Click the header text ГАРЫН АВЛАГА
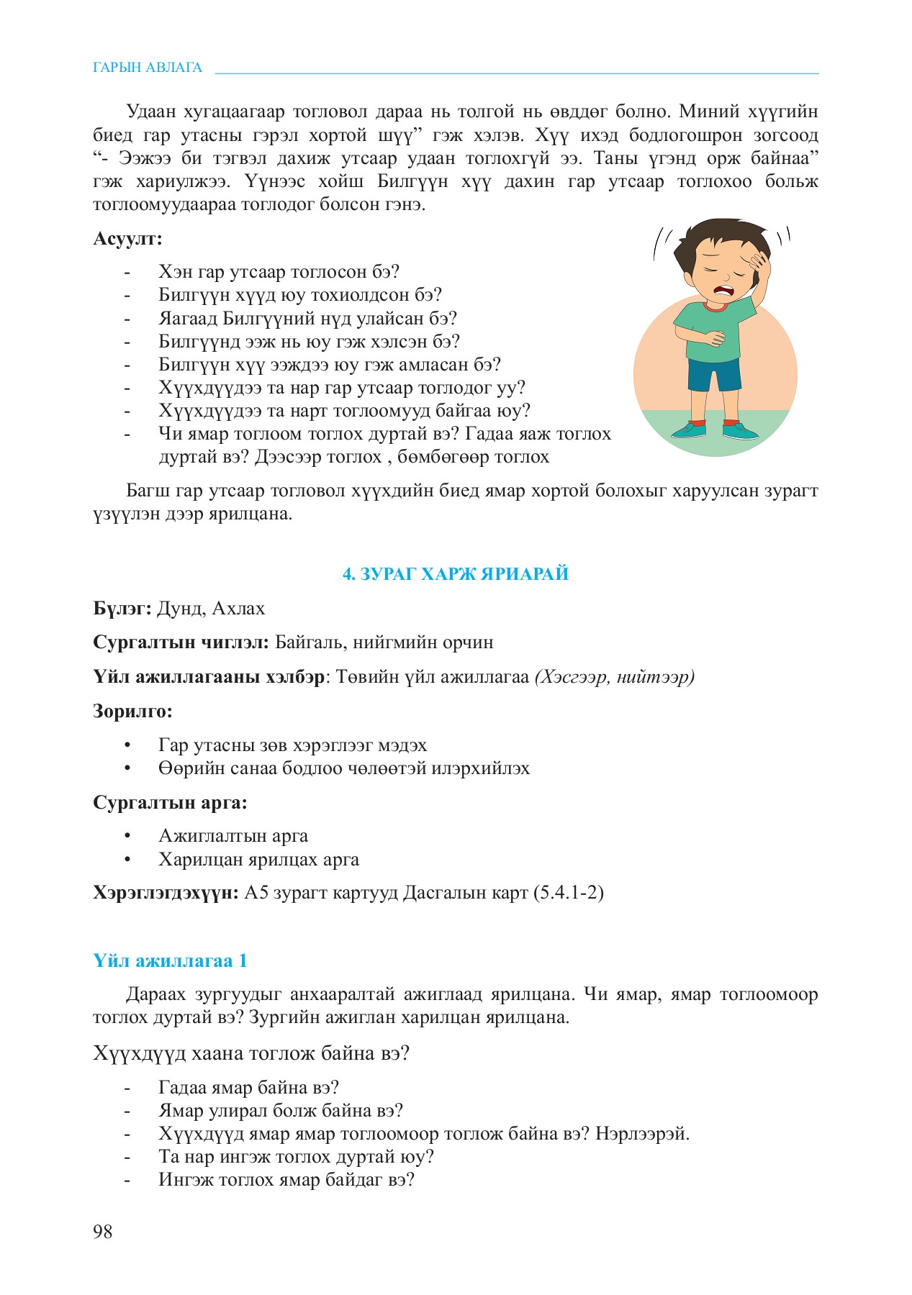click(x=148, y=68)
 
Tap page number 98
click(x=103, y=1232)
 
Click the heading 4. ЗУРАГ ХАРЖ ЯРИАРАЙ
click(x=455, y=573)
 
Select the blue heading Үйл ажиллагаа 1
click(x=170, y=960)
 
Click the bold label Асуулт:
click(x=127, y=238)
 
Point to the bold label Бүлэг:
click(x=122, y=609)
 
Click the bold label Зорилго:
click(x=132, y=712)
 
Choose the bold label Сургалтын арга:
click(x=170, y=802)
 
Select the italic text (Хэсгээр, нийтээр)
click(x=614, y=677)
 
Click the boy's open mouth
click(x=723, y=291)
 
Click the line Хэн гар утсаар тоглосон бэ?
click(x=279, y=272)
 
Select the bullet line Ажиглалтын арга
click(x=233, y=836)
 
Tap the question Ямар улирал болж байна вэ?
click(x=281, y=1111)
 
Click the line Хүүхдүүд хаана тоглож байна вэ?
click(x=251, y=1053)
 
